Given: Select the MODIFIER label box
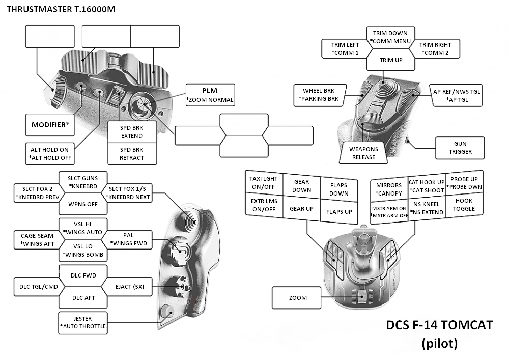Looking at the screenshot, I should (x=50, y=125).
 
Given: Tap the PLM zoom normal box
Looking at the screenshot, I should (x=210, y=95).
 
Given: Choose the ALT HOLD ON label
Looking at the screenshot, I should (x=49, y=154).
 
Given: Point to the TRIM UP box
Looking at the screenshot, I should (x=391, y=60).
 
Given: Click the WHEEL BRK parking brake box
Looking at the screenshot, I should (x=321, y=94).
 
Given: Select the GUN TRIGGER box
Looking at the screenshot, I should (x=460, y=148).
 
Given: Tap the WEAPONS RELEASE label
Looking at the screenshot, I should (x=363, y=153).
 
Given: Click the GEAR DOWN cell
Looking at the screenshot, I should (x=301, y=186).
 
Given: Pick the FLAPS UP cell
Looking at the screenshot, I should (x=339, y=211).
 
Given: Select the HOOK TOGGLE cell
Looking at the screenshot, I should (x=464, y=205).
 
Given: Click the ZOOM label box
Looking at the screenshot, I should (x=297, y=297).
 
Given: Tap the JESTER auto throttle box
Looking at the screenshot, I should (x=83, y=322).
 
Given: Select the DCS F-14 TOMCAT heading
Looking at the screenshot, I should (x=439, y=325).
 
